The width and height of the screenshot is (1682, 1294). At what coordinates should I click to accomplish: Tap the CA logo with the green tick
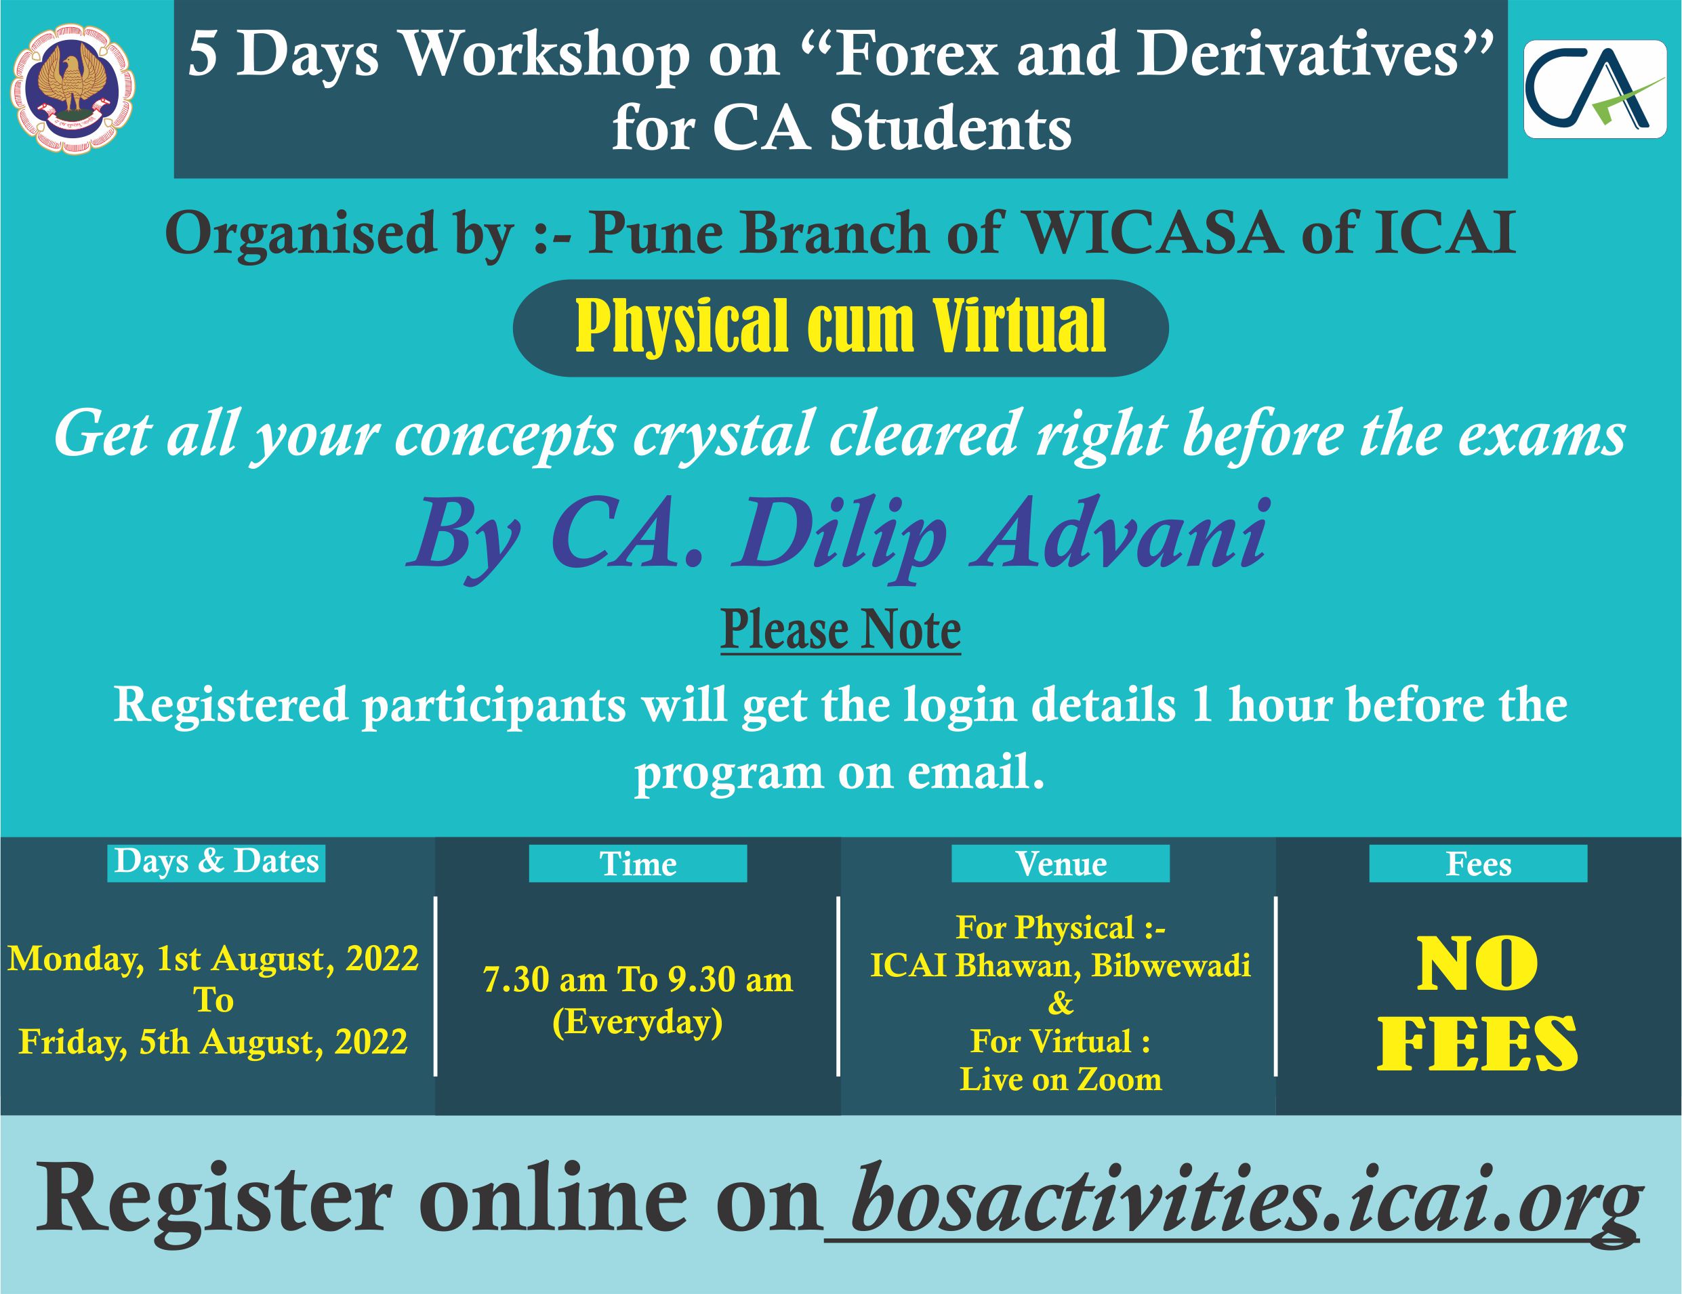(1596, 89)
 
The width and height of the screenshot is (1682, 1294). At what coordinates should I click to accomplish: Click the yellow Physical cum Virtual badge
(840, 327)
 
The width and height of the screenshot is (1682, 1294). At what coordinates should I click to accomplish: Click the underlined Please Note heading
(840, 631)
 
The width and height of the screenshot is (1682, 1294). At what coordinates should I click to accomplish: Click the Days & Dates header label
(216, 862)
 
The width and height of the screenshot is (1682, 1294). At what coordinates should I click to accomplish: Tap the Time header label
(638, 864)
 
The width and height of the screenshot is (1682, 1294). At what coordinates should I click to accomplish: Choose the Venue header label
(1061, 864)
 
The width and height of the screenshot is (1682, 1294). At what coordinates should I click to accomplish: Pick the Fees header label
(1479, 864)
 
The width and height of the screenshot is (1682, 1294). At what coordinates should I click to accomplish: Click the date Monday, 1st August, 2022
(213, 959)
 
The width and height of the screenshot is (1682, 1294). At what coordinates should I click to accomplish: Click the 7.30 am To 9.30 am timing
(638, 980)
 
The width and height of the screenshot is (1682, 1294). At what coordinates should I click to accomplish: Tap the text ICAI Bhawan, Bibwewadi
(1061, 965)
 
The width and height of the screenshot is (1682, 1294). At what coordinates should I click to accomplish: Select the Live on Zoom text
(1061, 1079)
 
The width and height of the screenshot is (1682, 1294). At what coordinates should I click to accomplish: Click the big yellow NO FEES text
(1478, 1004)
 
